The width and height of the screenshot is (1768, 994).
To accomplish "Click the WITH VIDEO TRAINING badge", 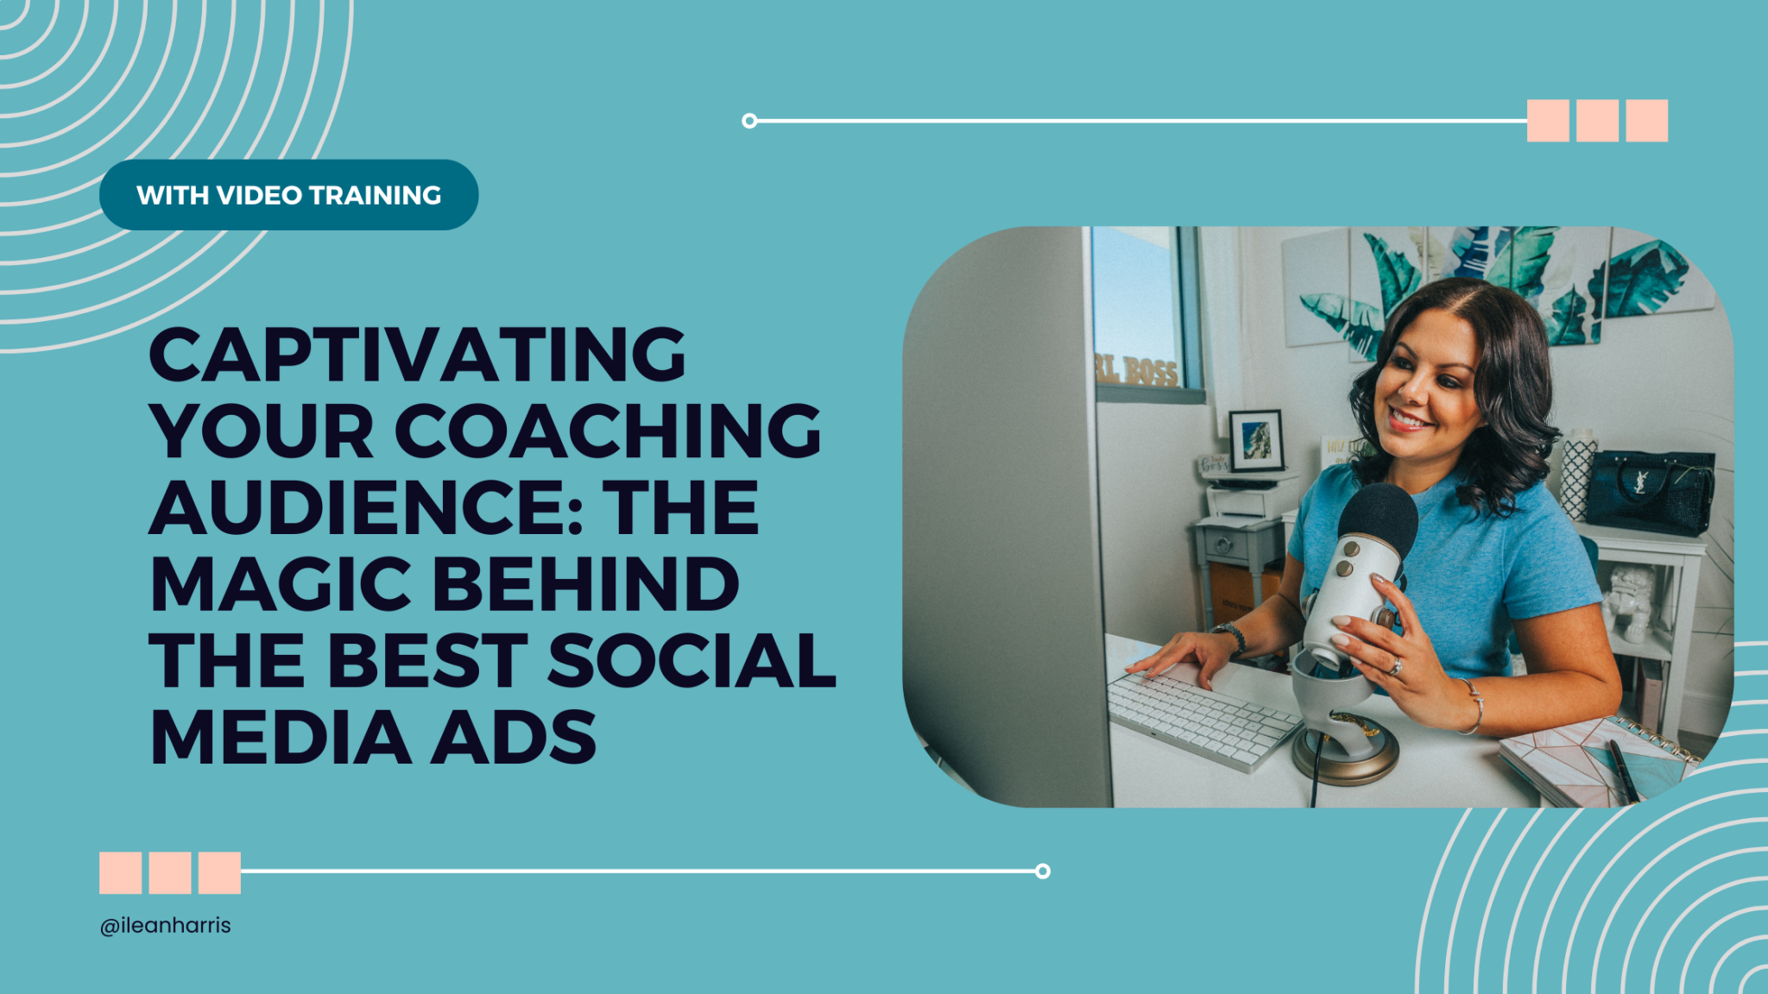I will click(x=288, y=195).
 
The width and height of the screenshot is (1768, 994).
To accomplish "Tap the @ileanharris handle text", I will click(x=166, y=925).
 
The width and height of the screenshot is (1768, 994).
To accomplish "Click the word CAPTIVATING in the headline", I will click(x=418, y=355).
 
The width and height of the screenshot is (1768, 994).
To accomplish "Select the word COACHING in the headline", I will click(x=609, y=431).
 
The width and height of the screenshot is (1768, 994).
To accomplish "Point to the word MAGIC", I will click(x=281, y=584).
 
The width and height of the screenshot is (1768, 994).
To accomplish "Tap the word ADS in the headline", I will click(x=514, y=738).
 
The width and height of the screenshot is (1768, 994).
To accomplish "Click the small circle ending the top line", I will click(x=749, y=121).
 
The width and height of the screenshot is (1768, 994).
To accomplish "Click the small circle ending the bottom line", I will click(x=1043, y=871).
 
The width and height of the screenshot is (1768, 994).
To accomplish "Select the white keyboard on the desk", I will click(x=1200, y=717).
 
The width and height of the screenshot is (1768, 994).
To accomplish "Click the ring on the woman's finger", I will click(x=1395, y=666).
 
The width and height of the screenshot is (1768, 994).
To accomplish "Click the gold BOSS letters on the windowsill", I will click(x=1140, y=369).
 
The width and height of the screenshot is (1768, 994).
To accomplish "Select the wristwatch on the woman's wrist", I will click(x=1231, y=636).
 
